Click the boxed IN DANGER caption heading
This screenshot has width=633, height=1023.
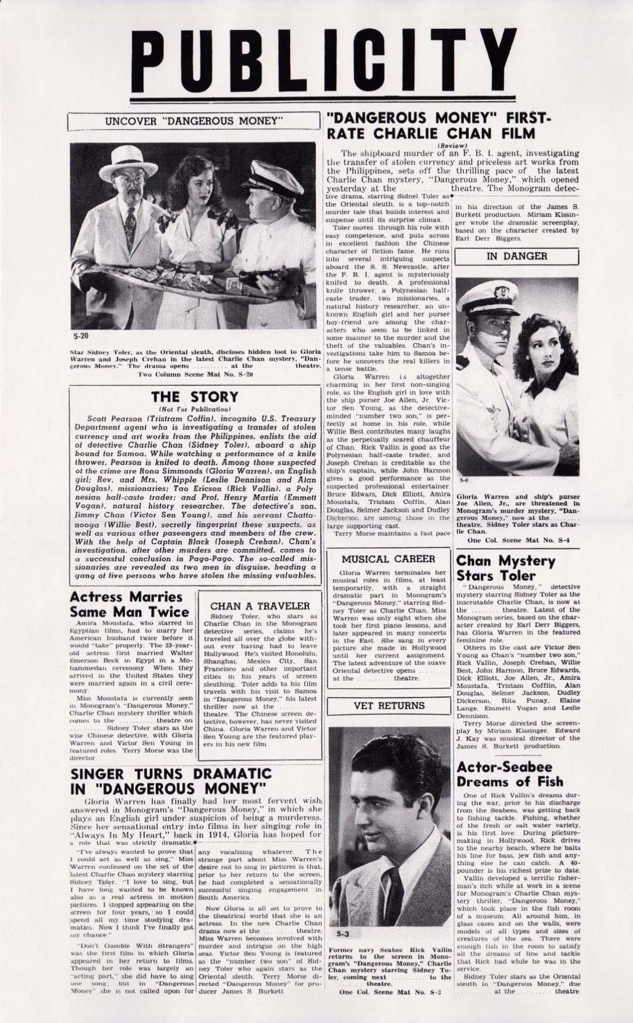click(x=517, y=256)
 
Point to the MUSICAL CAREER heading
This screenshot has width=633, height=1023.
click(x=388, y=559)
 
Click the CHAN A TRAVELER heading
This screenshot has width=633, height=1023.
click(x=260, y=606)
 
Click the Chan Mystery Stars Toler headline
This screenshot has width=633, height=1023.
click(x=505, y=568)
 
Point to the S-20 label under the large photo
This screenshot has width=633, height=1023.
click(x=78, y=336)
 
